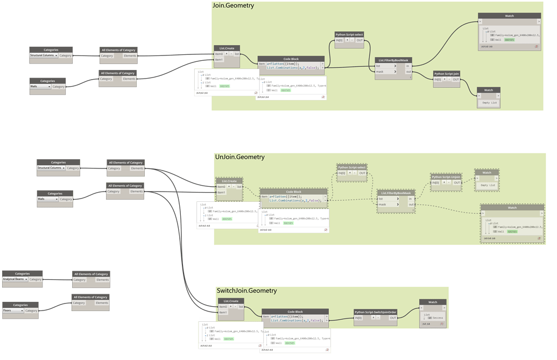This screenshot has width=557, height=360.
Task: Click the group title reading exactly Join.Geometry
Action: coord(234,6)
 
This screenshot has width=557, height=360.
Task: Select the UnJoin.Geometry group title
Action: coord(239,157)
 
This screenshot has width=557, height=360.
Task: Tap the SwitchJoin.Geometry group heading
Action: coord(246,291)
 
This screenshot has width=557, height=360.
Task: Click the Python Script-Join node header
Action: coord(447,74)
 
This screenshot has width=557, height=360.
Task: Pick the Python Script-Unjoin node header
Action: coord(446,177)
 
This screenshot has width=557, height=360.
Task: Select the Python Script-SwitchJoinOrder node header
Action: coord(375,312)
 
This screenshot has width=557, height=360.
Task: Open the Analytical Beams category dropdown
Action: coord(15,279)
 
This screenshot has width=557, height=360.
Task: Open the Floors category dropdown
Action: coord(12,310)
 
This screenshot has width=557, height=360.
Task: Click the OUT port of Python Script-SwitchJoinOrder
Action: coord(393,318)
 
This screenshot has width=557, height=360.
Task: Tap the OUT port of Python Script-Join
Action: coord(455,80)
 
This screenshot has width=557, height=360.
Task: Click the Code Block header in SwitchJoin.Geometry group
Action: coord(295,312)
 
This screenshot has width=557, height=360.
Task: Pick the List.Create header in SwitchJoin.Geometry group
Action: coord(230,301)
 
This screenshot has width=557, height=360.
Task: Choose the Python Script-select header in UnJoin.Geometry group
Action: coord(351,167)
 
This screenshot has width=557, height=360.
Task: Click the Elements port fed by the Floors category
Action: coord(102,303)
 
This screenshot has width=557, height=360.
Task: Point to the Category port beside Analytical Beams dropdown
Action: coord(36,279)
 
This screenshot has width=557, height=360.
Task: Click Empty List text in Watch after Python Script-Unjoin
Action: coord(488,185)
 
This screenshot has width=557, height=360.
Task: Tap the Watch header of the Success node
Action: coord(433,302)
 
